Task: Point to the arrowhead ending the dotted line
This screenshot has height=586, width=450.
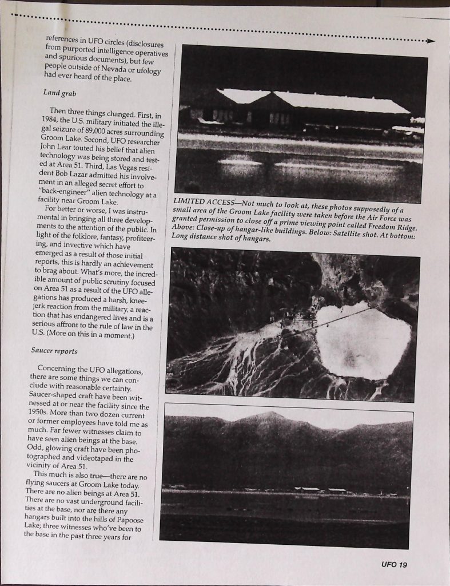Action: (431, 41)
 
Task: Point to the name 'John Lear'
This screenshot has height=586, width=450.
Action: (58, 148)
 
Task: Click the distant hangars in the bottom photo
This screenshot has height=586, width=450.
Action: (320, 490)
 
